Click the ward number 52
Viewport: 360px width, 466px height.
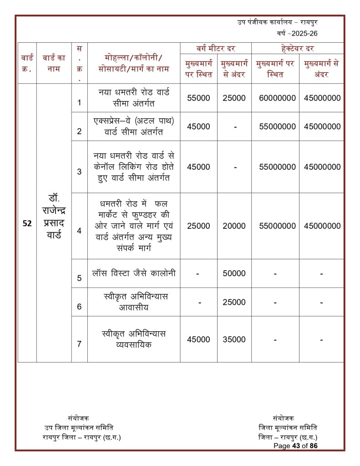[27, 223]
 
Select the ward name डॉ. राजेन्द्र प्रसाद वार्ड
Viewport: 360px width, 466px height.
[54, 217]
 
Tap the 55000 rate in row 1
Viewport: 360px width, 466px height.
[198, 98]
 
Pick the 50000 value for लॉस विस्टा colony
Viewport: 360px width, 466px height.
[234, 274]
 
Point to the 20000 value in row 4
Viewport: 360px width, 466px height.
[234, 226]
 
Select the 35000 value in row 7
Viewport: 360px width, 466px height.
[234, 339]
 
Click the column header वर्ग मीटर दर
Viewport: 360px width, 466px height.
[216, 48]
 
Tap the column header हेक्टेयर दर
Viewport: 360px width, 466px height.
[298, 48]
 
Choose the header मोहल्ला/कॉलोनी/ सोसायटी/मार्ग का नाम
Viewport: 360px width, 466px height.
[133, 63]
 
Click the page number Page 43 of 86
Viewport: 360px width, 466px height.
[295, 446]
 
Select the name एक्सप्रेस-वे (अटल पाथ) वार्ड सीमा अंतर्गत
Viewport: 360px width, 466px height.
[133, 126]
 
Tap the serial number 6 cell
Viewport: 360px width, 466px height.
[79, 306]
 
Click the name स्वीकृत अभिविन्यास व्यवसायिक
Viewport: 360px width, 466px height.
[133, 339]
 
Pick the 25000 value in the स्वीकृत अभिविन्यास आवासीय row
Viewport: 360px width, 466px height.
[234, 302]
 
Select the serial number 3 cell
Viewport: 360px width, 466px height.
[79, 172]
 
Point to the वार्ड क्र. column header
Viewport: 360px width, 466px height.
[27, 63]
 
